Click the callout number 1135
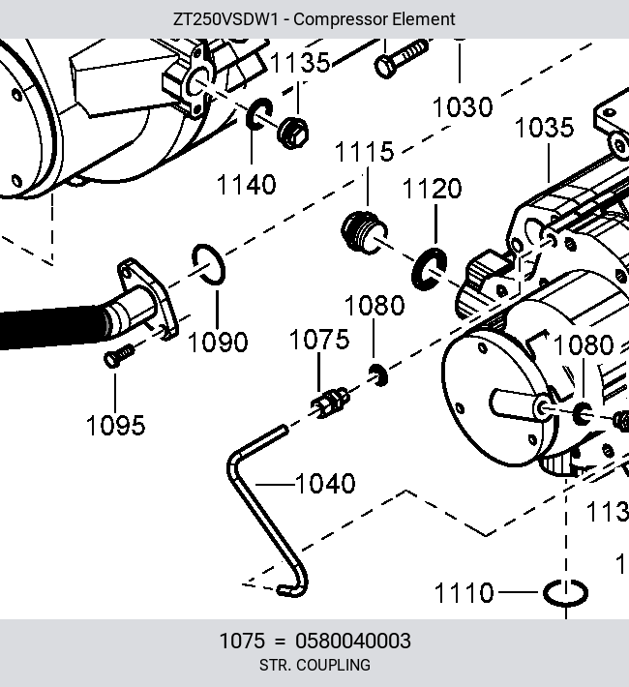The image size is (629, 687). pyautogui.click(x=300, y=63)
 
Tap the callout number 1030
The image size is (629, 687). pyautogui.click(x=463, y=107)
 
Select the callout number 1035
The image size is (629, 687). pyautogui.click(x=544, y=128)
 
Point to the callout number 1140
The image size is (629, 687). pyautogui.click(x=247, y=185)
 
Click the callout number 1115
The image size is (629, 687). pyautogui.click(x=364, y=152)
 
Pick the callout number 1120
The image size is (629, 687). pyautogui.click(x=432, y=189)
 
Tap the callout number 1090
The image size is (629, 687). pyautogui.click(x=218, y=343)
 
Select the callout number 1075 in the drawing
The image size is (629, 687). pyautogui.click(x=319, y=340)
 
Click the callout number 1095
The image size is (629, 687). pyautogui.click(x=116, y=426)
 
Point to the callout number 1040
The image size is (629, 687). pyautogui.click(x=325, y=484)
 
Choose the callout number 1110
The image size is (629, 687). pyautogui.click(x=464, y=593)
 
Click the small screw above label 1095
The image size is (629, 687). pyautogui.click(x=119, y=356)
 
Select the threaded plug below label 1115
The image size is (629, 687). pyautogui.click(x=364, y=232)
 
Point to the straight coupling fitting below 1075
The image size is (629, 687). pyautogui.click(x=331, y=402)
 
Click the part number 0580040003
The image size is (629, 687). pyautogui.click(x=353, y=641)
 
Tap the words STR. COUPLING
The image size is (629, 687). pyautogui.click(x=314, y=665)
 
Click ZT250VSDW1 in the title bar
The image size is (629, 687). pyautogui.click(x=225, y=19)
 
